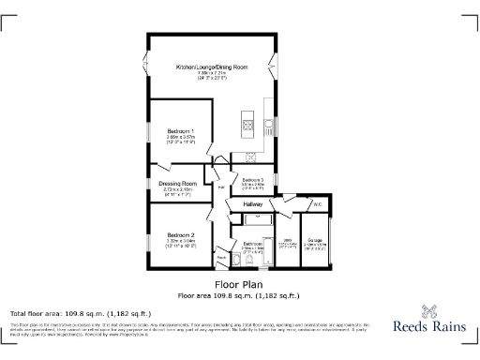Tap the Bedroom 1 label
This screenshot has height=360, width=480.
point(180,130)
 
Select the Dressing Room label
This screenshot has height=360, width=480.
point(177,183)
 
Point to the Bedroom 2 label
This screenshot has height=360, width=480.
point(180,234)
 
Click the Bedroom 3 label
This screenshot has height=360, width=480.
point(253,180)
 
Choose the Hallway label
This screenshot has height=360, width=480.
point(253,203)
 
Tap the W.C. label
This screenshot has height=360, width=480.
point(318,203)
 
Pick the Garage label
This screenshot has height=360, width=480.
point(316,240)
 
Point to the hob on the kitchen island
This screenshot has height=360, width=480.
point(249,122)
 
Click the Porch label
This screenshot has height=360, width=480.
point(221,258)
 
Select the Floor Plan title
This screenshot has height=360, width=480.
point(239,284)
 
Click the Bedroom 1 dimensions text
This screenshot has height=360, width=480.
point(180,138)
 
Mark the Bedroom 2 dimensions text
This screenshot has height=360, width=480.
point(180,242)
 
